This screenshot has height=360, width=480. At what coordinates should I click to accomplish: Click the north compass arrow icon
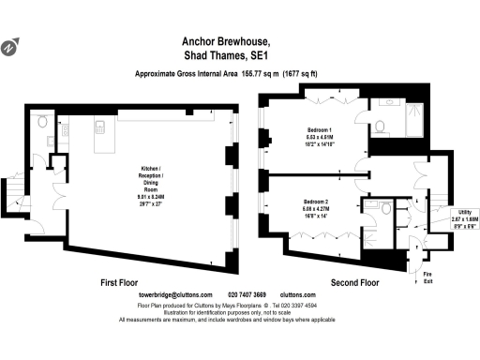coord(9,46)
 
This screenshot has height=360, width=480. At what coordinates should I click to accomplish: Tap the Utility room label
coord(463,218)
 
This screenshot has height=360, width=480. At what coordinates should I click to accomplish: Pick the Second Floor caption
coord(355,281)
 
